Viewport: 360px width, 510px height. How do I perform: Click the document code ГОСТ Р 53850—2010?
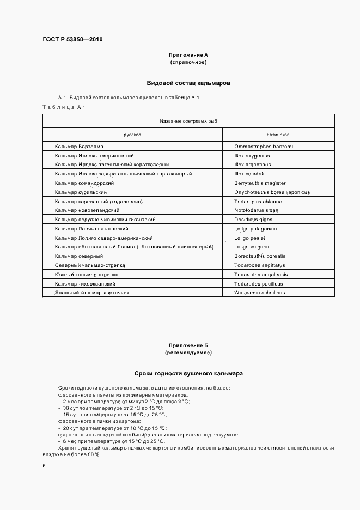[x=72, y=39]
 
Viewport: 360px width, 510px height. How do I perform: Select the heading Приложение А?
[x=188, y=56]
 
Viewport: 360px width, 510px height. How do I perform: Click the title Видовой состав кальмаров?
[x=188, y=83]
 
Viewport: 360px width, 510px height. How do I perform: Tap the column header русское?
[x=132, y=135]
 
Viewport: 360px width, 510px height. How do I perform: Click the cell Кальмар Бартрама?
[x=79, y=147]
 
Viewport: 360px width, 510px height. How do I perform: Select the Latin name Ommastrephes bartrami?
[x=264, y=147]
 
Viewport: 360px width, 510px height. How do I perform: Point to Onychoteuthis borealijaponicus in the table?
[x=272, y=192]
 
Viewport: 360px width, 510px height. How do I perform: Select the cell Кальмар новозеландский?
[x=87, y=210]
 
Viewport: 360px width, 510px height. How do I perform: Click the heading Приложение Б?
[x=188, y=346]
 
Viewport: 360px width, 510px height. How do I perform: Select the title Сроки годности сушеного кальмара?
[x=188, y=374]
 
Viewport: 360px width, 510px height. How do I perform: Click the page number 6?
[x=44, y=466]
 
